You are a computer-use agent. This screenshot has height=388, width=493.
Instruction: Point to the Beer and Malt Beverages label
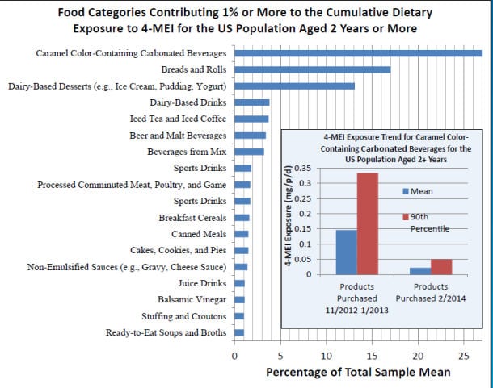(179, 136)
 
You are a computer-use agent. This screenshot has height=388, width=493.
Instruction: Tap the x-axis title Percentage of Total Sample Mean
(358, 372)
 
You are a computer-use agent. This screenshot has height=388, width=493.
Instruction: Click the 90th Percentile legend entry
(422, 222)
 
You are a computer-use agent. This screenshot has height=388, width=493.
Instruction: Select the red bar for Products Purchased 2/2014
(441, 266)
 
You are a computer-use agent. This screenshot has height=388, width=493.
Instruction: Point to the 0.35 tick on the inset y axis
(302, 168)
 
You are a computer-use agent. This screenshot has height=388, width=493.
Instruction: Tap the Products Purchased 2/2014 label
(430, 292)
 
